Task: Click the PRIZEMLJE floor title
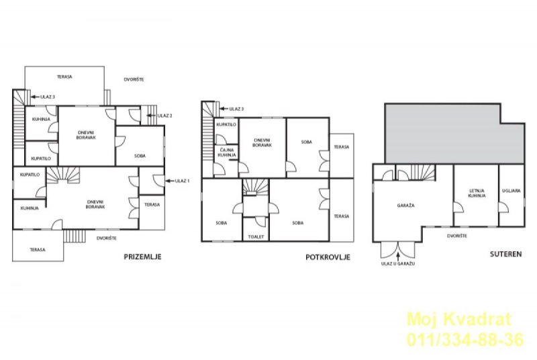(x=142, y=257)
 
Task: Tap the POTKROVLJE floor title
(x=328, y=257)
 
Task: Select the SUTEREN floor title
(x=505, y=254)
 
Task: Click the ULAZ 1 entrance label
(x=182, y=181)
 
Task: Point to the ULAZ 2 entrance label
(x=164, y=116)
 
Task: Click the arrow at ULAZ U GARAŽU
(x=398, y=257)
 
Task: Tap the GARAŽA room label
(x=406, y=206)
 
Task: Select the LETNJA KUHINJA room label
(x=477, y=193)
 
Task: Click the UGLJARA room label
(x=511, y=191)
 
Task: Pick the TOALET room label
(x=256, y=236)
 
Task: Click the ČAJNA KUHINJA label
(x=226, y=152)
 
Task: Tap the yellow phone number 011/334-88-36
(x=465, y=340)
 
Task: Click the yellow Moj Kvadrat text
(x=459, y=319)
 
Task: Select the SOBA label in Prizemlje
(x=140, y=156)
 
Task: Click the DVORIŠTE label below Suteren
(x=457, y=236)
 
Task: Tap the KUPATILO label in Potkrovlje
(x=226, y=124)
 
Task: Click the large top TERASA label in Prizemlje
(x=64, y=77)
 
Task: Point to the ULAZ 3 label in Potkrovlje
(x=236, y=109)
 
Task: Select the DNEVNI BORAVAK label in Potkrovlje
(x=262, y=142)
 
